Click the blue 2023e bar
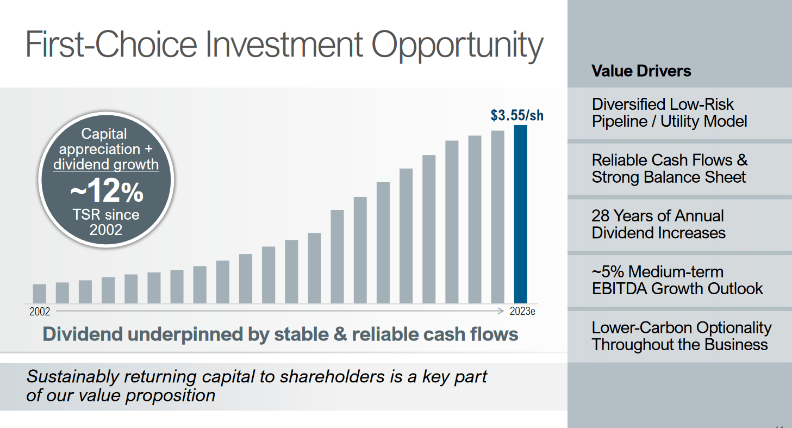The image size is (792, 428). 520,214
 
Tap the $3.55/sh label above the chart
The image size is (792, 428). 517,115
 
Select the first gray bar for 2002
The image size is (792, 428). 39,294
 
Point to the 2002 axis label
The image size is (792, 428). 40,312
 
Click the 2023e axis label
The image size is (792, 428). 522,311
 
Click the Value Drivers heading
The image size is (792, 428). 641,71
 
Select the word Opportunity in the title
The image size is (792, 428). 457,45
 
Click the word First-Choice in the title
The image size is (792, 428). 111,44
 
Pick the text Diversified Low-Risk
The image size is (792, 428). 663,104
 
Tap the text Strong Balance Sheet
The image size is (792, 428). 669,177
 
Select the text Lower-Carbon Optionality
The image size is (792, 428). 681,328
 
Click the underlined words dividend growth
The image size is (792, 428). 106,164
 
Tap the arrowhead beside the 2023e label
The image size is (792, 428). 501,311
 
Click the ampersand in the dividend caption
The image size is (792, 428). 340,334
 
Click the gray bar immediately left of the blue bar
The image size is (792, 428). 497,217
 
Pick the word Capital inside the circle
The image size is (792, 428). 104,134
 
